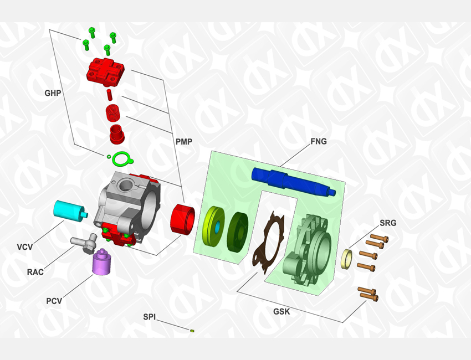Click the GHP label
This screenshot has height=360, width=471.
(x=53, y=93)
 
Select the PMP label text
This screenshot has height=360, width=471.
(x=184, y=141)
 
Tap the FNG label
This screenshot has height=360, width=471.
(x=319, y=141)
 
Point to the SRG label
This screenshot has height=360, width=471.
(x=388, y=223)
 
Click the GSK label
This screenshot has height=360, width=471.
(x=281, y=312)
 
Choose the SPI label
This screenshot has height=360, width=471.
(x=149, y=317)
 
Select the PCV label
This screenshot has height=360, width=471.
(x=54, y=301)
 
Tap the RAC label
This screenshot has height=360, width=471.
(x=35, y=272)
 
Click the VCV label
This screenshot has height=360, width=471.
(x=24, y=247)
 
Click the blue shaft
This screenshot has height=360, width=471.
(x=294, y=182)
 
